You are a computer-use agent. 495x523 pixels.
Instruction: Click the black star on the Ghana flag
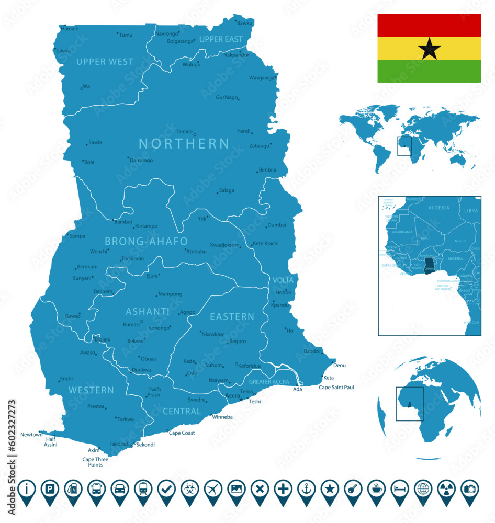coord(429,48)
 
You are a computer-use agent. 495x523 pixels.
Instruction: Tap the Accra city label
coord(232,396)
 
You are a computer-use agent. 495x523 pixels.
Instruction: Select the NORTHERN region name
coord(184,143)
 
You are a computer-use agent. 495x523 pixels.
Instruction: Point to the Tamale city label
coord(184,132)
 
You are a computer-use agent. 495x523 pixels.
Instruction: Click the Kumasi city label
coord(131,324)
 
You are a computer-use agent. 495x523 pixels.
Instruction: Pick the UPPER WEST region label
coord(105,62)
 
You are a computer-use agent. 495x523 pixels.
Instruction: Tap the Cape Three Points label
coord(95,462)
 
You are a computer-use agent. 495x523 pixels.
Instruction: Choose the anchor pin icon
coord(306,490)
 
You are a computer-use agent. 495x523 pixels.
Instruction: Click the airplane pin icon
coord(213,490)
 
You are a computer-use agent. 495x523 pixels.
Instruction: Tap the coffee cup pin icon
coord(376,490)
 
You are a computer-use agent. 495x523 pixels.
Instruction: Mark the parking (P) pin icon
coord(50,490)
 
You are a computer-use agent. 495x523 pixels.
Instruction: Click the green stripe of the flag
coord(429,71)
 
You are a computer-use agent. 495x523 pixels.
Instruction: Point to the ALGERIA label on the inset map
coord(438,208)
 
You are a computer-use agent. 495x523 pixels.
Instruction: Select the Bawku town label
coord(244,23)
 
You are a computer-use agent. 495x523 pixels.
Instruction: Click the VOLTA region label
coord(283,280)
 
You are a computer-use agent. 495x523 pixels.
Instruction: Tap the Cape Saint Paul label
coord(336,388)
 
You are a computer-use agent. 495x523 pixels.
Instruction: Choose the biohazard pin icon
coord(189,490)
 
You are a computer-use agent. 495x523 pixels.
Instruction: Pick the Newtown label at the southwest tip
coord(31,435)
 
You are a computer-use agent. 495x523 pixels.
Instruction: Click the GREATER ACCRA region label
coord(268,382)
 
